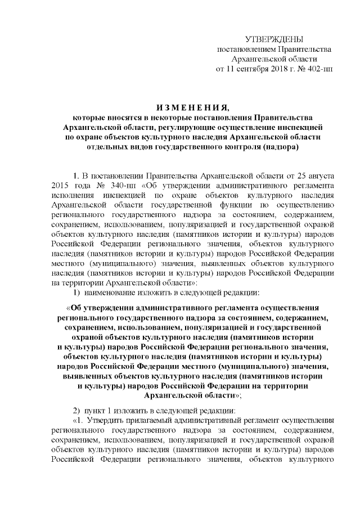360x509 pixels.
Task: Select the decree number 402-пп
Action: coord(317,69)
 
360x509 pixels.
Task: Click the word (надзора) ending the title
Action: coord(279,147)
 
